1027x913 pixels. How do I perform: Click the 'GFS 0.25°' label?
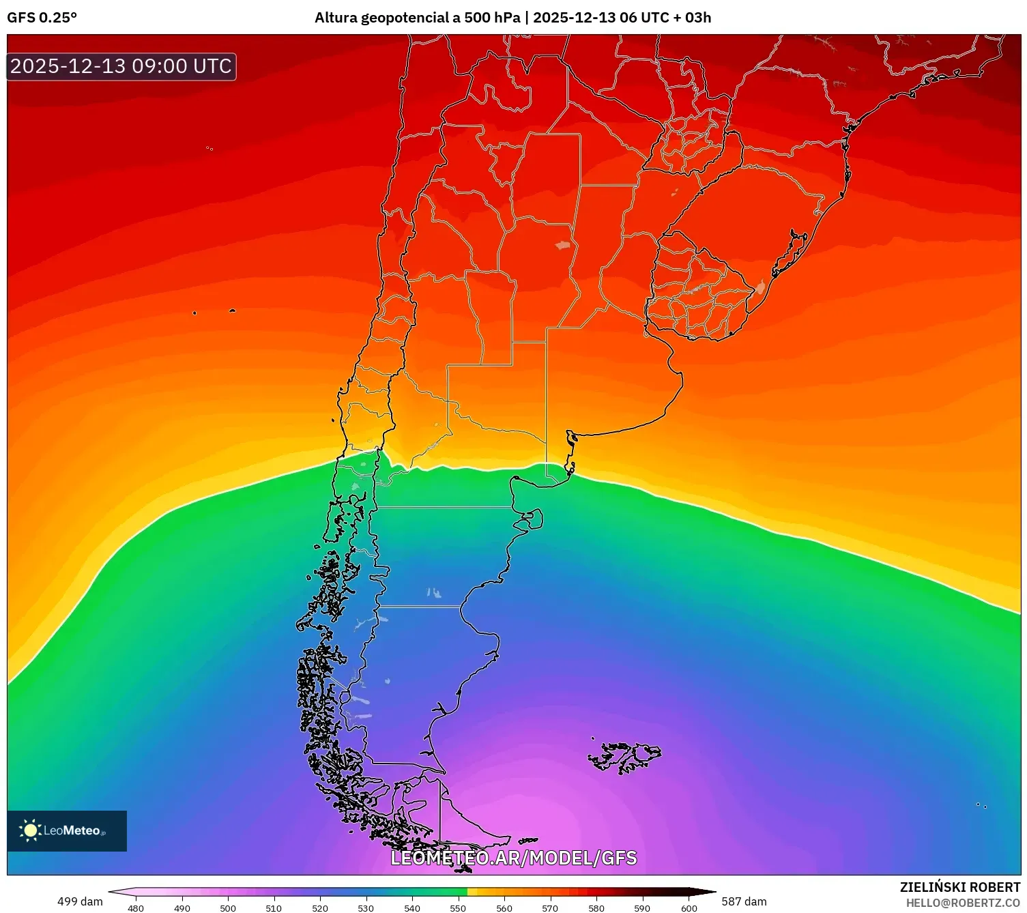click(42, 18)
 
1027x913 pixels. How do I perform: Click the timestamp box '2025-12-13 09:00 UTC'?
click(121, 66)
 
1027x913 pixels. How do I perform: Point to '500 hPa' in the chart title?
click(492, 18)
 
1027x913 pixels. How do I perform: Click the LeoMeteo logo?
click(67, 830)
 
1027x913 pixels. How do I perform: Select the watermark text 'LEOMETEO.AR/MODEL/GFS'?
click(513, 858)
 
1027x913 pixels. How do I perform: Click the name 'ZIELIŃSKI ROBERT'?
click(959, 887)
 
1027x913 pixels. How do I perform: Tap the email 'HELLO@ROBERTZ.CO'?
click(962, 903)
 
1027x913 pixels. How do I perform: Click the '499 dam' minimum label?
click(80, 901)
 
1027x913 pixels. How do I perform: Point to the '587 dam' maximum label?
click(744, 901)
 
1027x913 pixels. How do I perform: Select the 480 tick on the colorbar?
click(136, 908)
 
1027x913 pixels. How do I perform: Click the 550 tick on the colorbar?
click(458, 908)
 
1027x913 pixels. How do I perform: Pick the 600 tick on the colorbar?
click(689, 908)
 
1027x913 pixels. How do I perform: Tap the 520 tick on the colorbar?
click(319, 908)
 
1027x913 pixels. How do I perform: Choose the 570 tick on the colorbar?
click(550, 908)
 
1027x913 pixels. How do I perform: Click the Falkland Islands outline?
click(624, 757)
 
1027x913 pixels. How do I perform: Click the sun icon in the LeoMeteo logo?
click(30, 830)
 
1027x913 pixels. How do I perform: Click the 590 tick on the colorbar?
click(642, 908)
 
